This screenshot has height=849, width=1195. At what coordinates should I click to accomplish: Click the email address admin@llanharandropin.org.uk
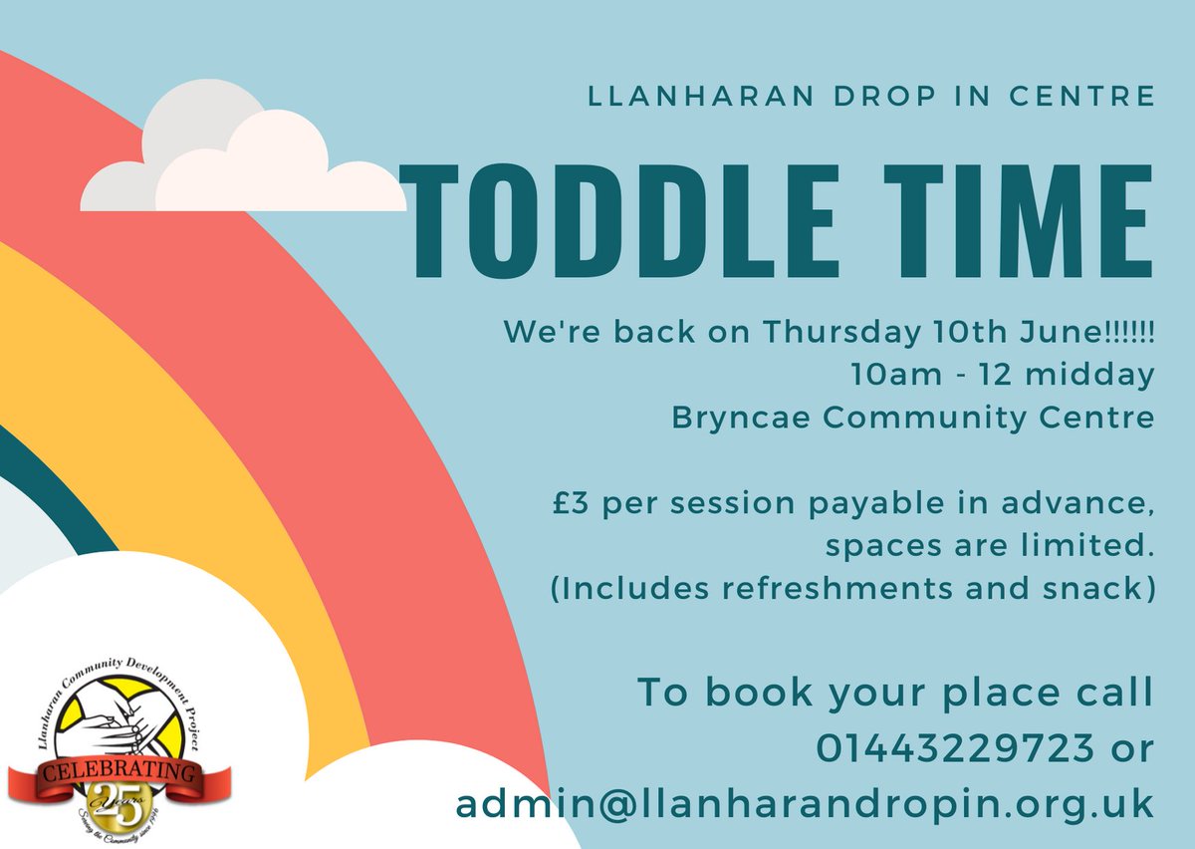pos(805,803)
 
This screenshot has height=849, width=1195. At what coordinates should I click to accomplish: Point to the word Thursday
pos(833,333)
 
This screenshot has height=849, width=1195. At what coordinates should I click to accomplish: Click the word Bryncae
pos(738,419)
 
